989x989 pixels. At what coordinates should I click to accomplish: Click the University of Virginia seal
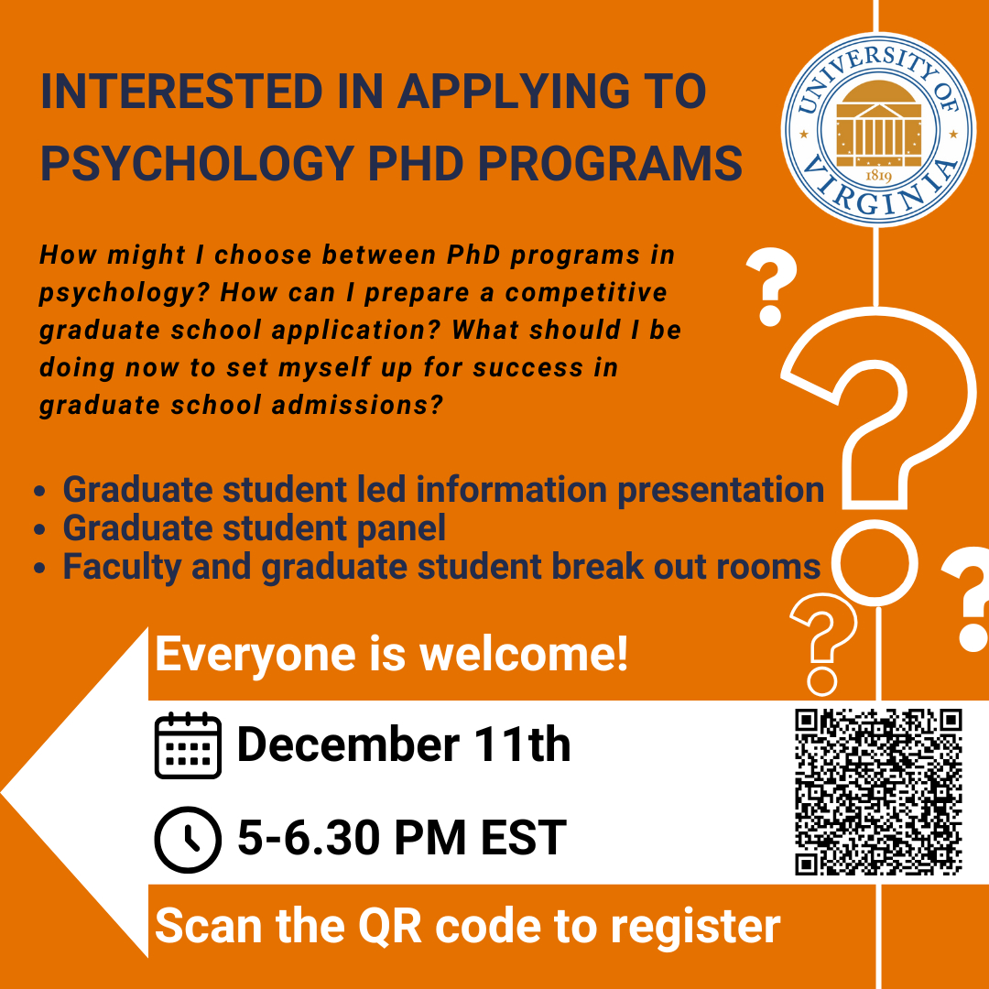pos(878,129)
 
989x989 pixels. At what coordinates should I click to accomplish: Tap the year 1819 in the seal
pos(878,175)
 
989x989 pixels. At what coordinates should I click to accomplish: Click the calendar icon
pos(188,745)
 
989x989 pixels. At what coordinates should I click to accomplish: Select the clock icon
pos(188,840)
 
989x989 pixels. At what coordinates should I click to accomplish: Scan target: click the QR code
pos(878,792)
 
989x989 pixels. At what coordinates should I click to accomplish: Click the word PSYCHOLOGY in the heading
pos(197,163)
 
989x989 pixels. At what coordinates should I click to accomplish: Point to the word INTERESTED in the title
pos(182,92)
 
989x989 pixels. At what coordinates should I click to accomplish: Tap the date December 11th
pos(404,744)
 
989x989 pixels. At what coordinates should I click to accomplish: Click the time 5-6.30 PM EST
pos(402,838)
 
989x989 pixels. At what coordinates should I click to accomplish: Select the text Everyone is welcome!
pos(392,656)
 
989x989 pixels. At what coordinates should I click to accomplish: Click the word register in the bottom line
pos(696,928)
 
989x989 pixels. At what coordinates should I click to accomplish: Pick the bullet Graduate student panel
pos(255,528)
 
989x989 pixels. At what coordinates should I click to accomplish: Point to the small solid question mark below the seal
pos(771,287)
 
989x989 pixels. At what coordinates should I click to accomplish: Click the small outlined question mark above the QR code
pos(823,645)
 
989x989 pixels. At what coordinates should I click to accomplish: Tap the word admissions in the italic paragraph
pos(357,406)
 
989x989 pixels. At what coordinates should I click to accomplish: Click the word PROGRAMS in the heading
pos(610,163)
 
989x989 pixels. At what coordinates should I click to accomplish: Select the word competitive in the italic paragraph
pos(586,293)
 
